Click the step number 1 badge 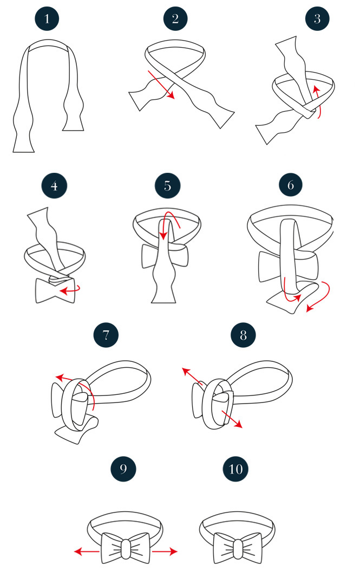tap(47, 18)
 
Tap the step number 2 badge tap(175, 18)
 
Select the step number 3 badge tap(317, 18)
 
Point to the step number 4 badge tap(54, 186)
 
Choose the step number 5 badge tap(168, 185)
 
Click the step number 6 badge tap(290, 185)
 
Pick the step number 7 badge tap(106, 335)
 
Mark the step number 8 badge tap(243, 335)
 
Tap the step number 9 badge tap(123, 469)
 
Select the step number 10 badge tap(235, 469)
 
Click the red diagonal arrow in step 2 tap(161, 85)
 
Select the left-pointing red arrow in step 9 tap(87, 551)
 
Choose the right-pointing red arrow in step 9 tap(165, 551)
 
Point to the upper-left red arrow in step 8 tap(192, 376)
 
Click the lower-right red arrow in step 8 tap(232, 419)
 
